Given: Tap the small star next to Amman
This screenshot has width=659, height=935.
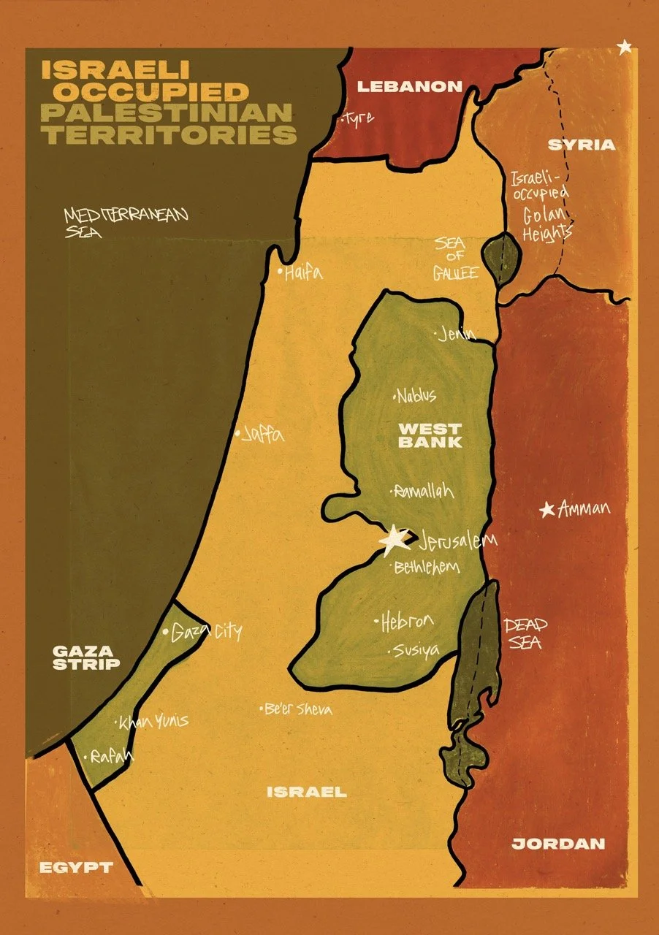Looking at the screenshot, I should pos(546,510).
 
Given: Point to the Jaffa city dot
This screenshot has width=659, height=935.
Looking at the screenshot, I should pos(237,434).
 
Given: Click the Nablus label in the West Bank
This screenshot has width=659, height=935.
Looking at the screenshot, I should pos(418,396).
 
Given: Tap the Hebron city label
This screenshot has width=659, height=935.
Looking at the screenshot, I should pos(407,622).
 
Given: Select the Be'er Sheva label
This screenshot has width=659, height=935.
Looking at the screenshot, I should pos(299,709).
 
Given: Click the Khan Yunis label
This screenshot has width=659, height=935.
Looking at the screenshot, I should pos(155,722).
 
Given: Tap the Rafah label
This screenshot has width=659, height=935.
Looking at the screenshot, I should pos(113,757).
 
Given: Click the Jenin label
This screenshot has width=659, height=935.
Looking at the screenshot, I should pos(458,335).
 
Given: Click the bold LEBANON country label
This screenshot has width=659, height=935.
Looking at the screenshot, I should pos(409,87).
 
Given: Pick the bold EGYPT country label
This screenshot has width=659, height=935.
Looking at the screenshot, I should pos(76,868).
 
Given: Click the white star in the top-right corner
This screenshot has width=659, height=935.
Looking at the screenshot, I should pos(624,48).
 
